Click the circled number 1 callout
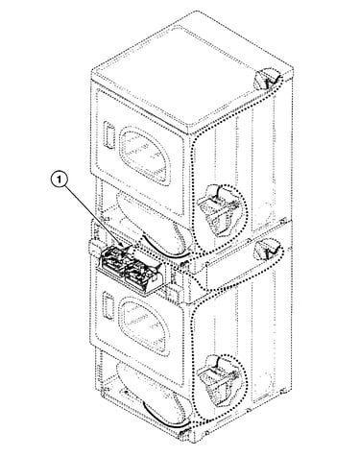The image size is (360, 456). point(60,180)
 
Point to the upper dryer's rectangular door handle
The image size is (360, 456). point(108,135)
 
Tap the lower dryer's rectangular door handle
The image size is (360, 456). point(108,306)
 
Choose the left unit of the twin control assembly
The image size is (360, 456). point(112,261)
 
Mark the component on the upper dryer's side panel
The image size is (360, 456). point(217,209)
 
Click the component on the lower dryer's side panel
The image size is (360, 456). point(217,380)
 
